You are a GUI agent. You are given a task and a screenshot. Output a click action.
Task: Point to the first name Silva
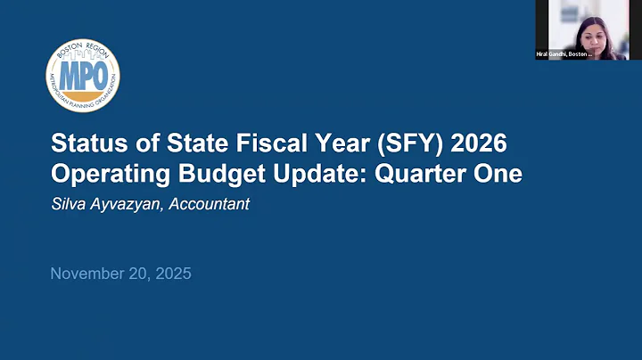pyautogui.click(x=69, y=204)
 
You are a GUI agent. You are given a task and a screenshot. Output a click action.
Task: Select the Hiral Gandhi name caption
pyautogui.click(x=564, y=54)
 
